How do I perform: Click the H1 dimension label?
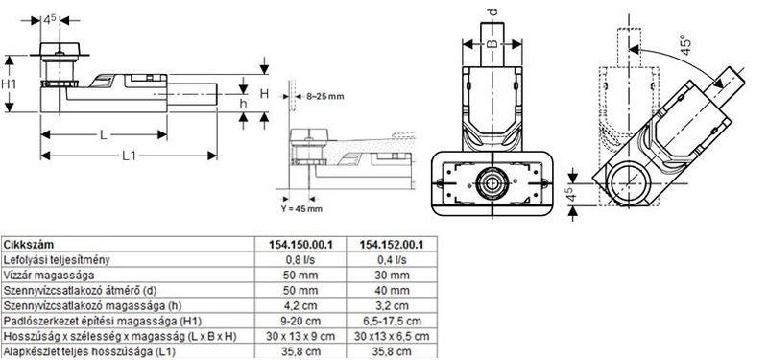pyautogui.click(x=9, y=84)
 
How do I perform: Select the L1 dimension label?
pyautogui.click(x=129, y=156)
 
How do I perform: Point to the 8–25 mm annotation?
pyautogui.click(x=325, y=97)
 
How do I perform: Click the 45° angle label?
pyautogui.click(x=686, y=44)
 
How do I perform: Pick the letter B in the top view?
pyautogui.click(x=492, y=44)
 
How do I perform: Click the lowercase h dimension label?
pyautogui.click(x=243, y=104)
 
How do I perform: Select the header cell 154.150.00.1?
pyautogui.click(x=300, y=245)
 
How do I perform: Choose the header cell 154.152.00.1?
pyautogui.click(x=392, y=245)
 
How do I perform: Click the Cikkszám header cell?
pyautogui.click(x=29, y=245)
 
